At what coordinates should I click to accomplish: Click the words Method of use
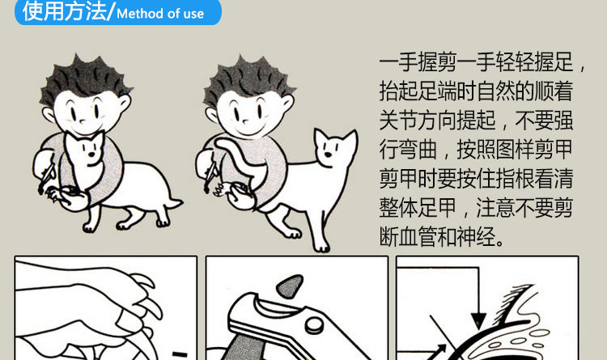(x=160, y=14)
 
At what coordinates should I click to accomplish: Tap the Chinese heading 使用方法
(x=64, y=11)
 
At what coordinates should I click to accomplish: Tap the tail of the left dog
(x=174, y=204)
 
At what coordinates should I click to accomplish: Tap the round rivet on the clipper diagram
(x=314, y=324)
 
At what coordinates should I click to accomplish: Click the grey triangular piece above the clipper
(x=290, y=286)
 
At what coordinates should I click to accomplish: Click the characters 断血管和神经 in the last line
(x=437, y=236)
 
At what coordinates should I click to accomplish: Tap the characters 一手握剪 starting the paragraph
(x=418, y=62)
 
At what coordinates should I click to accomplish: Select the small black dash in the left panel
(x=180, y=354)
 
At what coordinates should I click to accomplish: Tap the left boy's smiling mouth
(x=85, y=128)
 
